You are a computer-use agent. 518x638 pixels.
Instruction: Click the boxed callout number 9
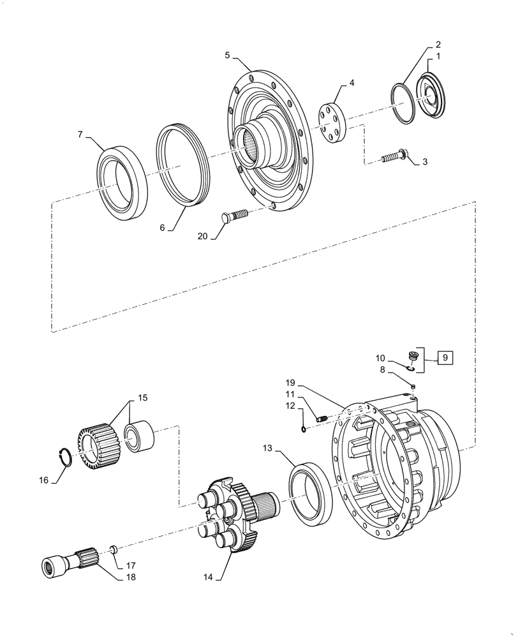[445, 357]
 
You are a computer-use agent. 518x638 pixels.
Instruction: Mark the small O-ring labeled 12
[303, 429]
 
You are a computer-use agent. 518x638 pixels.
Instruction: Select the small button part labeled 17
[112, 548]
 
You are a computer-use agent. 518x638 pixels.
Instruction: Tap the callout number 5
[228, 56]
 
